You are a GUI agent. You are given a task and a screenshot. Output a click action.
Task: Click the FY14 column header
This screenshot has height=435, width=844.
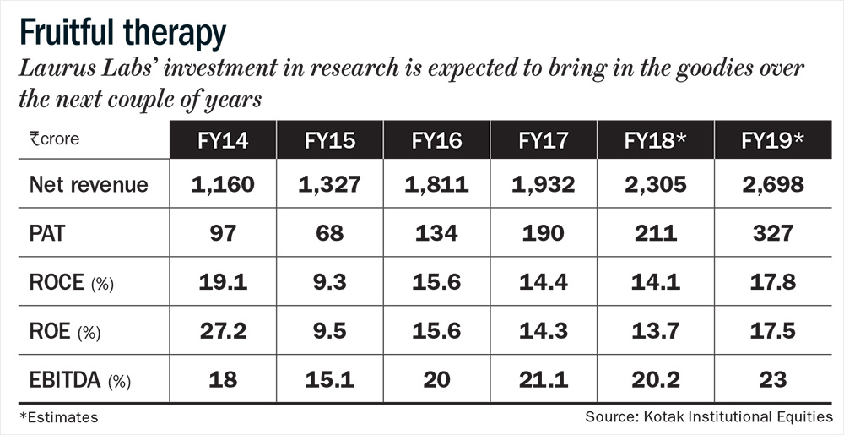tap(224, 139)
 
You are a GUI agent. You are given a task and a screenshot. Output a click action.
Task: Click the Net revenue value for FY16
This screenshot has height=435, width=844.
tap(436, 184)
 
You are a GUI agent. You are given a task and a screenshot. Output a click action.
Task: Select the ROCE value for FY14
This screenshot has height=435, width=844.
tap(224, 283)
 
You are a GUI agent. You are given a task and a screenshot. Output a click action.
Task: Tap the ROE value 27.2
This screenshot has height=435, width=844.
tap(224, 331)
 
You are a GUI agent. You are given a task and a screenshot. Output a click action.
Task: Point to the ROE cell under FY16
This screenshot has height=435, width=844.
tap(436, 331)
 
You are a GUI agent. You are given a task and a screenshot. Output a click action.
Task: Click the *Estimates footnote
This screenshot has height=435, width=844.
tap(58, 417)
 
